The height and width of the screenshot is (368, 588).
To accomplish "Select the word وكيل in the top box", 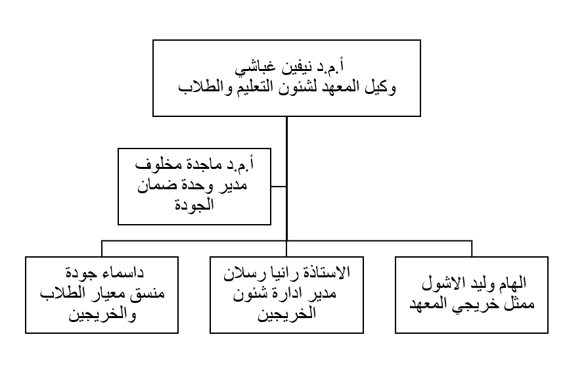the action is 380,87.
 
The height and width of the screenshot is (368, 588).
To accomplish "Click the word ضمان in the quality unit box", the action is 154,185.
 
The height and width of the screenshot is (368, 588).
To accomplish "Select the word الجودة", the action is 194,205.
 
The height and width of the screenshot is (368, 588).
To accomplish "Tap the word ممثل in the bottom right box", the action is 520,304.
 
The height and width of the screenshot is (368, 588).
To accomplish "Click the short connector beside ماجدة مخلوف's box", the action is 279,186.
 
